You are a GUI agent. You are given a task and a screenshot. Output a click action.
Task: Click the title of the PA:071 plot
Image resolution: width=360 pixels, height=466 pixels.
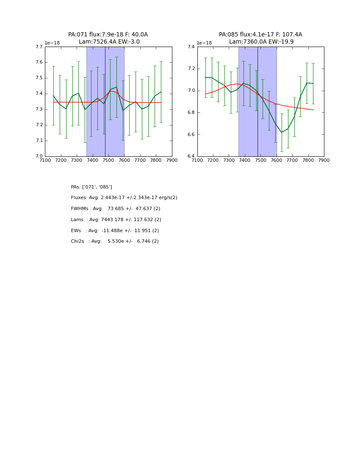(108, 38)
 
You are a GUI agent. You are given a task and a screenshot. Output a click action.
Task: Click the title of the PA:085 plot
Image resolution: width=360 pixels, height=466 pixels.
(260, 38)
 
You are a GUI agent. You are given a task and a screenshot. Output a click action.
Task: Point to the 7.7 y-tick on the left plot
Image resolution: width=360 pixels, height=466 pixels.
(39, 47)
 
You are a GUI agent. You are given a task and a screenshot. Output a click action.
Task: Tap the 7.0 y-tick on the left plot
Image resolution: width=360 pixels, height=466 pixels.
(39, 156)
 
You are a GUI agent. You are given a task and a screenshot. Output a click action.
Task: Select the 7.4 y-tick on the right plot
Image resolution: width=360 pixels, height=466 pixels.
(191, 47)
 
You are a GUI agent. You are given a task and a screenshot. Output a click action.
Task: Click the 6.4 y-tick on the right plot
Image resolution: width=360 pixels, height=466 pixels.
(191, 156)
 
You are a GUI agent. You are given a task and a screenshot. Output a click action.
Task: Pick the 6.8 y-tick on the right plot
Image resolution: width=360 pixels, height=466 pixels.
(191, 113)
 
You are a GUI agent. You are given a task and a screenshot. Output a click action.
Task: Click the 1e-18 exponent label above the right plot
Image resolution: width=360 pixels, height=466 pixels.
(204, 43)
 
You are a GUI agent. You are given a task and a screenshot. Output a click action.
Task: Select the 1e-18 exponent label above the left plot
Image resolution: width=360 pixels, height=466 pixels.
(52, 43)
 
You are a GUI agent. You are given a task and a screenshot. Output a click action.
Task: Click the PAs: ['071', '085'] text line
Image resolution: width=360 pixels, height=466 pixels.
(91, 187)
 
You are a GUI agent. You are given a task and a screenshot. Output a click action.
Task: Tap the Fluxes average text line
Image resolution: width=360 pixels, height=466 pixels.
(124, 198)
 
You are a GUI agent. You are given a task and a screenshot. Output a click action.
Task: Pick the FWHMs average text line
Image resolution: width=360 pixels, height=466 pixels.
(116, 209)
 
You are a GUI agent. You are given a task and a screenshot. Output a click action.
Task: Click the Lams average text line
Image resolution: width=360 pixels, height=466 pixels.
(116, 220)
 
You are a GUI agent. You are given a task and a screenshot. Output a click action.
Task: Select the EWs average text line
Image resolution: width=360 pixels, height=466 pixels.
(115, 230)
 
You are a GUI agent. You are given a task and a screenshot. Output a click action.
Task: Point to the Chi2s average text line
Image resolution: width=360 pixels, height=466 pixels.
(115, 241)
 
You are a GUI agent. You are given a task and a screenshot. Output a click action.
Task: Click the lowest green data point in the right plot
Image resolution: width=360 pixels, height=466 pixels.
(282, 132)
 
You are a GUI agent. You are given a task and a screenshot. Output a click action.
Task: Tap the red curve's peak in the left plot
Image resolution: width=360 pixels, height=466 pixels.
(110, 91)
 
